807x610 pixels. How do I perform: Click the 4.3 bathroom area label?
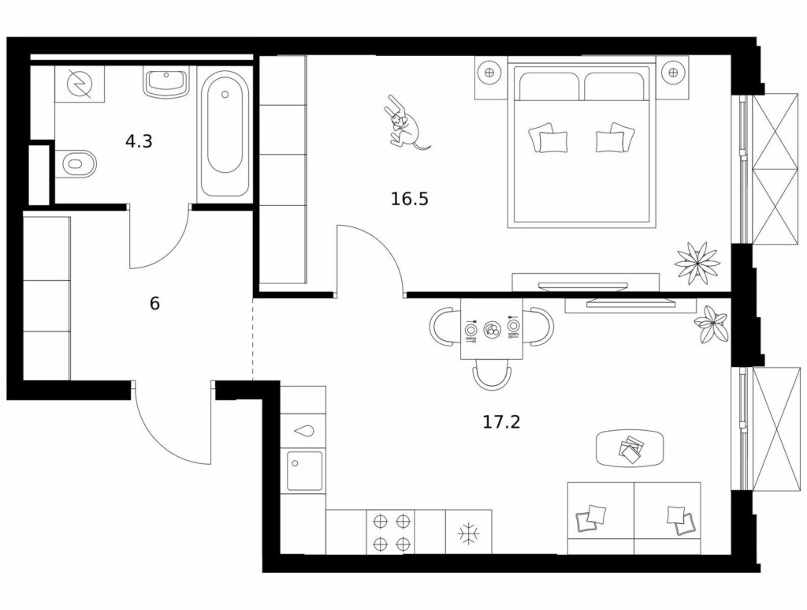tap(139, 140)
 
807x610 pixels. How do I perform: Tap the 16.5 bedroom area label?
tap(409, 198)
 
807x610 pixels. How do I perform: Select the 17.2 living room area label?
tap(501, 422)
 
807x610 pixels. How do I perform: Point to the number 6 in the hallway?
tap(154, 304)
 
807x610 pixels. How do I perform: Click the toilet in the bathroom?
tap(76, 164)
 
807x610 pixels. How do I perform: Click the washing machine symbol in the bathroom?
tap(80, 84)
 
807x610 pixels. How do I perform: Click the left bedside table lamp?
tap(489, 72)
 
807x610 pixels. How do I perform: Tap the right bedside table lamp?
tap(672, 72)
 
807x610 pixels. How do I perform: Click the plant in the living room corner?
tap(712, 324)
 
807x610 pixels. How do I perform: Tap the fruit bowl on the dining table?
tap(492, 328)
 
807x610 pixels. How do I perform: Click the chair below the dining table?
tap(492, 373)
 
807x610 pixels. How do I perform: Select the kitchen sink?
tap(305, 470)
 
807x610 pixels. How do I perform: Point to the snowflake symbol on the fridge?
tap(468, 532)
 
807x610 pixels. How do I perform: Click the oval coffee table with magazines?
tap(630, 448)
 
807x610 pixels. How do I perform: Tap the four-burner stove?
tap(391, 532)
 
